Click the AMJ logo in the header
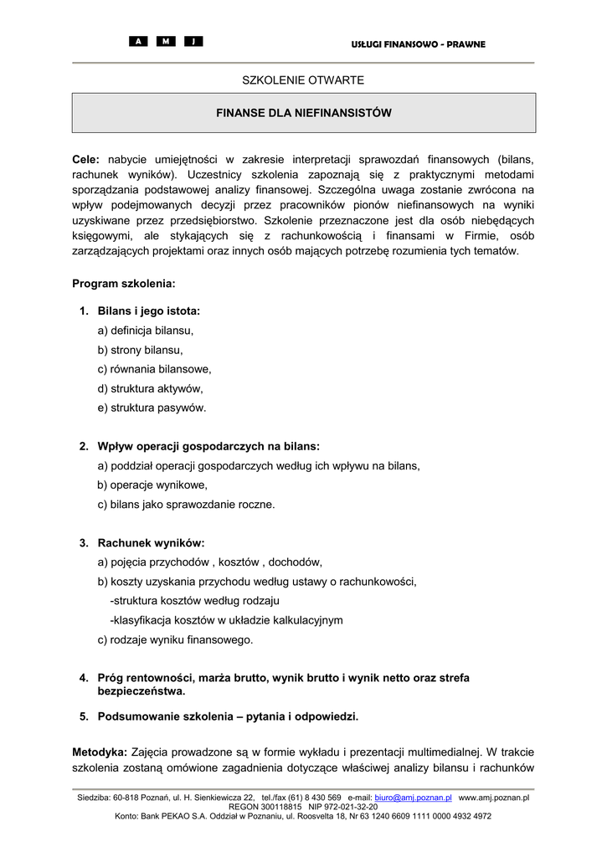tap(166, 42)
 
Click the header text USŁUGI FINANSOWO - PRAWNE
tap(418, 44)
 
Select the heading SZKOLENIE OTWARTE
tap(303, 80)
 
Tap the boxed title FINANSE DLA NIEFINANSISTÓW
tap(304, 112)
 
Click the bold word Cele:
tap(85, 158)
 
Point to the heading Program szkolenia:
tap(124, 284)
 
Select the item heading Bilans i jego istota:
tap(148, 311)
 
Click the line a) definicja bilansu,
tap(146, 331)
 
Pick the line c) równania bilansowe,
tap(154, 369)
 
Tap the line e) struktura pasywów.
tap(152, 408)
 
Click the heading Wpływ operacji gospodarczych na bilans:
tap(208, 446)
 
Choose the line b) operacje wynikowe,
tap(152, 485)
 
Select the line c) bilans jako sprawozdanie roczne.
tap(186, 504)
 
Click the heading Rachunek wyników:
tap(151, 542)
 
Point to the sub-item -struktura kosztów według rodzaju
tap(194, 601)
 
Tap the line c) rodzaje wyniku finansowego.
tap(175, 639)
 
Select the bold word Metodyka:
tap(100, 751)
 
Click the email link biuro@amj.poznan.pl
tap(413, 798)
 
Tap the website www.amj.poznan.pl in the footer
tap(494, 798)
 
